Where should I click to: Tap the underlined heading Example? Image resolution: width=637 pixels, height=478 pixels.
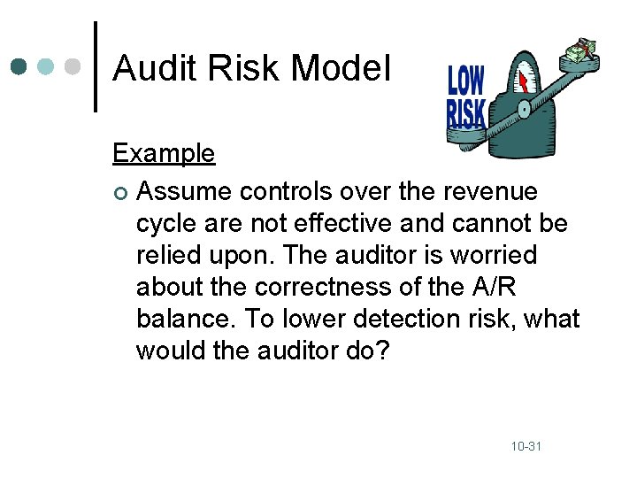click(x=163, y=153)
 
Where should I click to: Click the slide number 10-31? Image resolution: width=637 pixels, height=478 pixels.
click(x=526, y=446)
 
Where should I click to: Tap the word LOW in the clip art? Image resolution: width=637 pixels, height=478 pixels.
click(x=465, y=81)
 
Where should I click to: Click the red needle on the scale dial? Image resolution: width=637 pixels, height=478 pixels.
click(x=524, y=81)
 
